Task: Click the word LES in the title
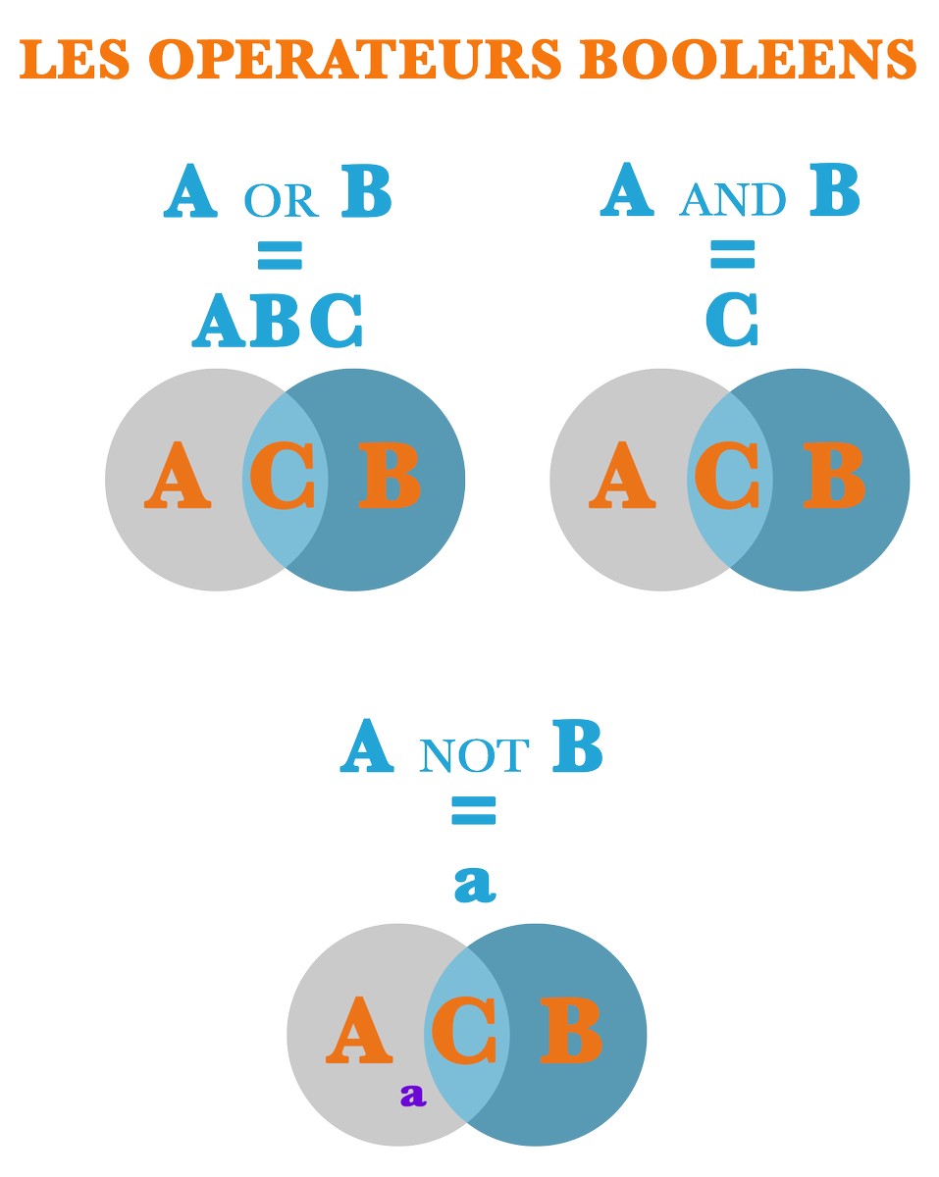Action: coord(75,59)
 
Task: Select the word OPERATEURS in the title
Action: coord(355,59)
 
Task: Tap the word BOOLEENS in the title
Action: coord(748,59)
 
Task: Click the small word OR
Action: coord(282,201)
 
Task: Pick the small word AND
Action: coord(733,200)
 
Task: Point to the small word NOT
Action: coord(474,756)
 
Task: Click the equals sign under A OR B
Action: coord(281,255)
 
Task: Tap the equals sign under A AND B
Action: coord(733,254)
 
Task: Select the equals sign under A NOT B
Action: coord(474,810)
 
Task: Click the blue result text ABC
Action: coord(277,321)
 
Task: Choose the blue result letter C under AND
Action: coord(732,320)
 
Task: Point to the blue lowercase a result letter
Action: coord(475,884)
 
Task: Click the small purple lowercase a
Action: coord(413,1095)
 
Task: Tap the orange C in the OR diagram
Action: coord(283,476)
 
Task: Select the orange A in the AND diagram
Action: coord(622,475)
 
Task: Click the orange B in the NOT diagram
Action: coord(571,1031)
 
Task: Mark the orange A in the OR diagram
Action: coord(178,475)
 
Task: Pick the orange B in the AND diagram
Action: coord(834,475)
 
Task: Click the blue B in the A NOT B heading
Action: coord(578,745)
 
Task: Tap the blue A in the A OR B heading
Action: coord(190,191)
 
